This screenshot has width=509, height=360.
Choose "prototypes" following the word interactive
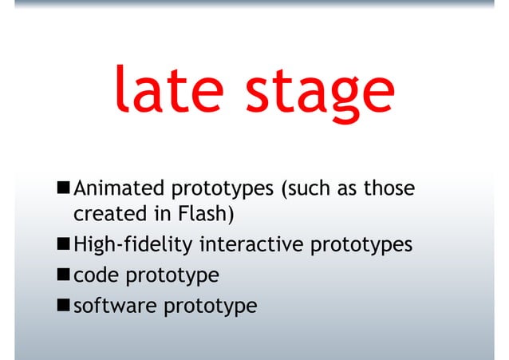pyautogui.click(x=363, y=246)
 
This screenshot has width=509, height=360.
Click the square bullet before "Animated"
pyautogui.click(x=62, y=189)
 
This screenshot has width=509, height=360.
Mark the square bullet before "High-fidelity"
pyautogui.click(x=62, y=244)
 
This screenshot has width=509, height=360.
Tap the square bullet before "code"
pyautogui.click(x=62, y=275)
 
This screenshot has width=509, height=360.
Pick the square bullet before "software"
pyautogui.click(x=62, y=305)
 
